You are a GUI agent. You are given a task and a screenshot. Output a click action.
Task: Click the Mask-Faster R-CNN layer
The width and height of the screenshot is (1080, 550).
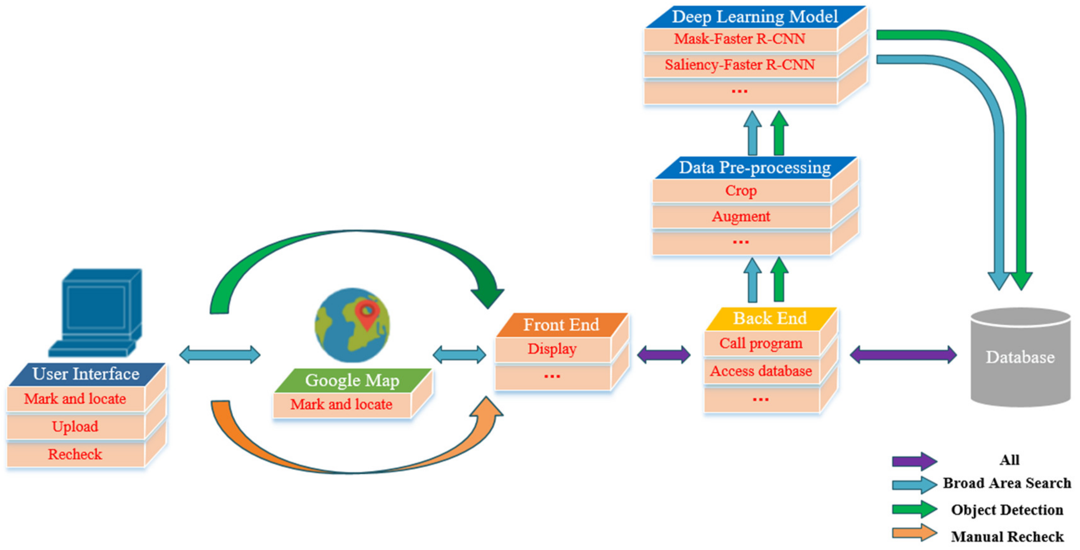740,39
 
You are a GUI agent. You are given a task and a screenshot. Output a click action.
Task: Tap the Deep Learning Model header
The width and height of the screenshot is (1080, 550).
755,17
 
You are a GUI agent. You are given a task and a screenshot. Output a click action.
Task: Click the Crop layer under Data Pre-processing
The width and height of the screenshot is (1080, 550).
741,191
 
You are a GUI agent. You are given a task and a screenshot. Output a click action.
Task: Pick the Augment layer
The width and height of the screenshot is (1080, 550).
741,217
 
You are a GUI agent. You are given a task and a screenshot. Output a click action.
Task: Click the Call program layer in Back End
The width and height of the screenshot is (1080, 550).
761,343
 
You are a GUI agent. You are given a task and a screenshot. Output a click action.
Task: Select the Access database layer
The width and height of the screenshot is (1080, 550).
761,371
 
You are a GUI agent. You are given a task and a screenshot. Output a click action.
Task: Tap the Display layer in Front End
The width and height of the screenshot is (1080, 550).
552,349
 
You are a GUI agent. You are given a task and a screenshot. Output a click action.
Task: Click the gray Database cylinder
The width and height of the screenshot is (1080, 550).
1020,358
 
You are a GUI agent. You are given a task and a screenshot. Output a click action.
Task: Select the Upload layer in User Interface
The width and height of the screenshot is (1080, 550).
75,427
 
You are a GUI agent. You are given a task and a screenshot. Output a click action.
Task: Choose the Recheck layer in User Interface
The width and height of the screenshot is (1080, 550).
75,454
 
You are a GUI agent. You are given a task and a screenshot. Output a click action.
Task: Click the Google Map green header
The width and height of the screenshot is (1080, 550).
352,380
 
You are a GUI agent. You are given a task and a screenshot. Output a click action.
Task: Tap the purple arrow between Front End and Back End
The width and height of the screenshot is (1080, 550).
664,355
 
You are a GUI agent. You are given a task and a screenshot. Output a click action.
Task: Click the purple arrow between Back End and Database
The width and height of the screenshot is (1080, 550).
903,355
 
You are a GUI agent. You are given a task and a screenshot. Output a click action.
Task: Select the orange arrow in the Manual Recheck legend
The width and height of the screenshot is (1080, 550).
914,533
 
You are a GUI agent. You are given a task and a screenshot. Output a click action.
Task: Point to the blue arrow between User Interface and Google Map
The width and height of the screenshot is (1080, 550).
220,355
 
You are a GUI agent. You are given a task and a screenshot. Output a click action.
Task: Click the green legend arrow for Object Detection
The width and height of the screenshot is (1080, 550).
914,509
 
